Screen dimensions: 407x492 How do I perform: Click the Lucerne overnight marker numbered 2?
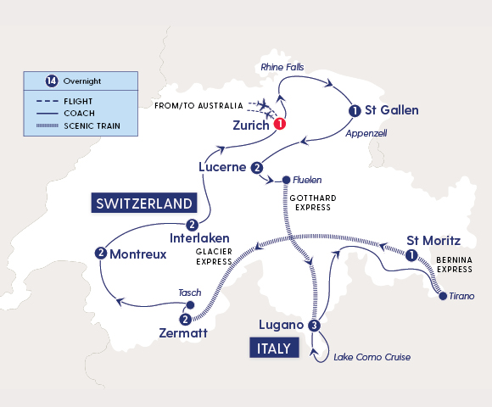coord(257,167)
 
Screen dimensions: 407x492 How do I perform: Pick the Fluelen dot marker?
coord(287,180)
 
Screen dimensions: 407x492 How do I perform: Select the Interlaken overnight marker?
coord(193,225)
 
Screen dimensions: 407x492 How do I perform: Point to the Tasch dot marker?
coord(190,305)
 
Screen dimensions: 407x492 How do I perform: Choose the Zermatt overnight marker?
coord(185,320)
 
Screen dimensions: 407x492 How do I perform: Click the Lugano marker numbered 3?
coord(315,326)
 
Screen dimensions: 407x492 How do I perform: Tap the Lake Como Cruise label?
coord(372,357)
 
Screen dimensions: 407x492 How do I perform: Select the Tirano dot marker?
coord(441,296)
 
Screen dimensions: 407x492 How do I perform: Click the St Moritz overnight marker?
coord(411,255)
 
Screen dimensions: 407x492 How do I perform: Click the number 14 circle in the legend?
coord(52,81)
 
